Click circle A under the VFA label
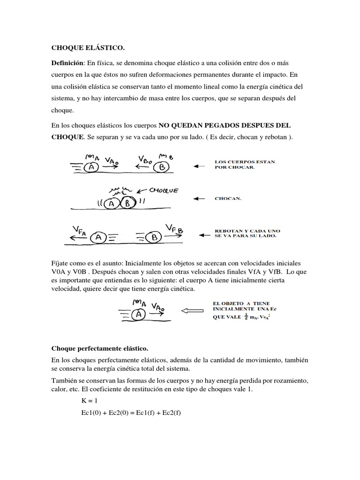pos(98,238)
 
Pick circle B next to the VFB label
pos(154,238)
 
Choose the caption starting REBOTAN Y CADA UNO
pos(247,232)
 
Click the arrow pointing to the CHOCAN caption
pos(199,199)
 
